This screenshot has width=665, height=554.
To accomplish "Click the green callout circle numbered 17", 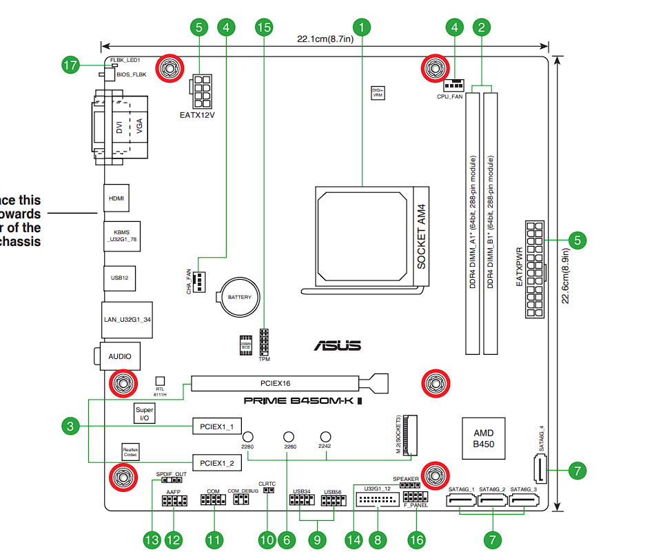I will [70, 65].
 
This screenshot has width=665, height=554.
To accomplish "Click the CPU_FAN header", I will [453, 85].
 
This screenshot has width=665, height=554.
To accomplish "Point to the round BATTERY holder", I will [239, 298].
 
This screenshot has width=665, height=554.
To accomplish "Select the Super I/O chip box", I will [145, 413].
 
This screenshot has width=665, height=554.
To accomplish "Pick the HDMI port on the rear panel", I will [116, 198].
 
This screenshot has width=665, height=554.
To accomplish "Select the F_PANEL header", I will [415, 497].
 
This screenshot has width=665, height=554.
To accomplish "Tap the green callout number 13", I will [152, 540].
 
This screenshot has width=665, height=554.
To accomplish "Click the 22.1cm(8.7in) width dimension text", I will [325, 39].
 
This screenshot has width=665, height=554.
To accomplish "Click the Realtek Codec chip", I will [130, 451].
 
